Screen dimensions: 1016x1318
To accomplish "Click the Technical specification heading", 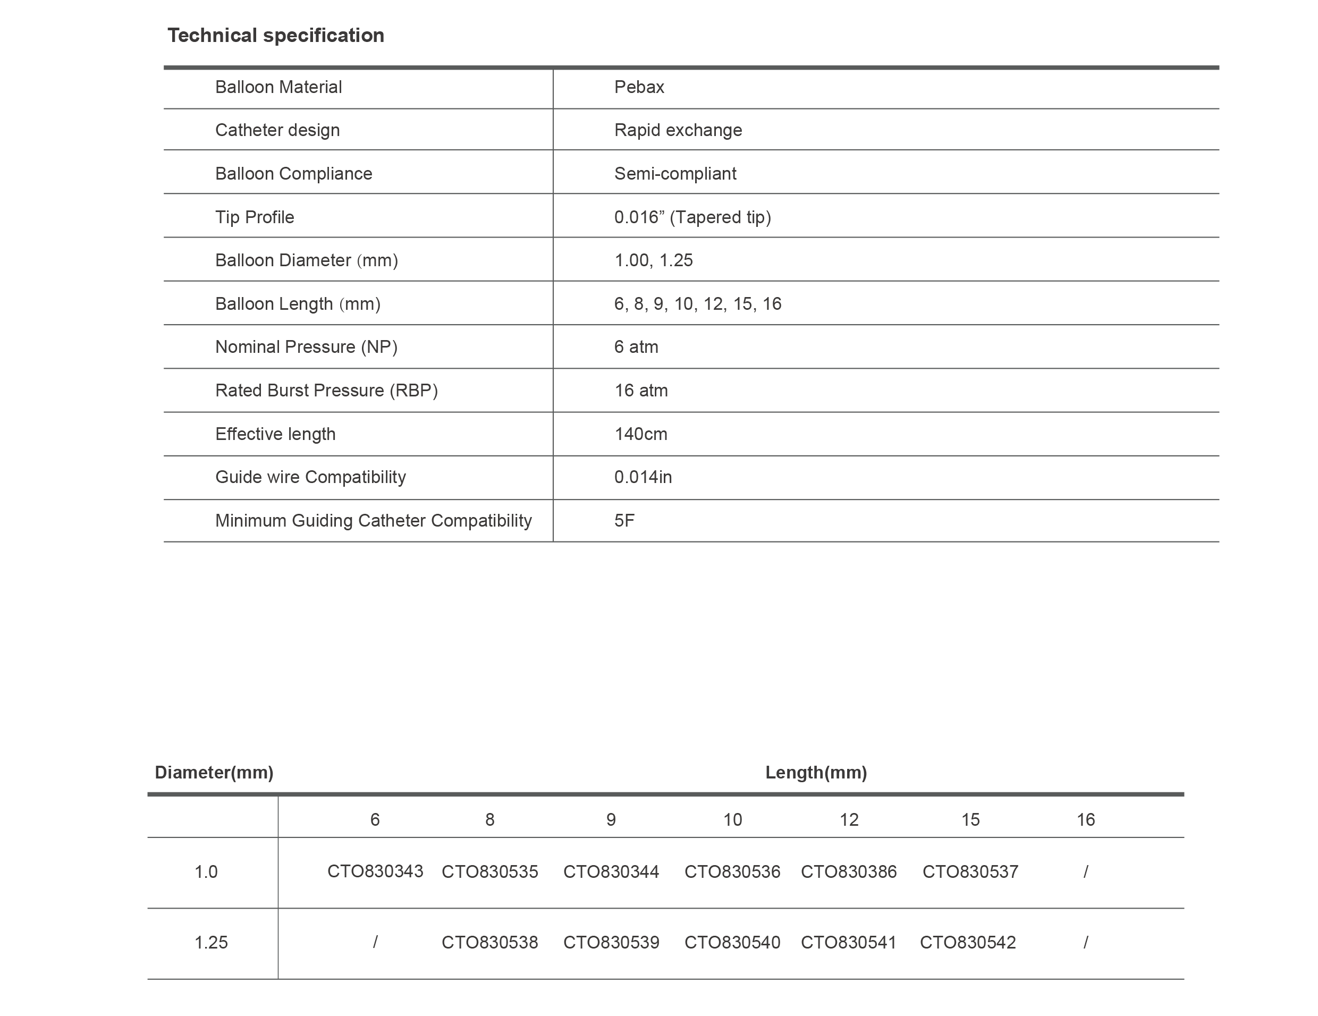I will pos(276,36).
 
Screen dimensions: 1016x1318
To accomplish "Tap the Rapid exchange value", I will pos(678,130).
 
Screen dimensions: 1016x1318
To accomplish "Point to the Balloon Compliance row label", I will pos(293,174).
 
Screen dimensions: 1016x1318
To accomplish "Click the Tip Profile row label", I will pos(255,217).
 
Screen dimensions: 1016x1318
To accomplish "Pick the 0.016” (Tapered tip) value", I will pos(692,217).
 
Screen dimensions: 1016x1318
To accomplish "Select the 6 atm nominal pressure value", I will pos(636,347).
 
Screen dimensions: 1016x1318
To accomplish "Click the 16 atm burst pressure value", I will pos(641,391).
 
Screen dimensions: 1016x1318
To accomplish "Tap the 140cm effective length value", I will pos(640,434).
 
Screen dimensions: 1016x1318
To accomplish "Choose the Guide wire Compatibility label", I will pos(310,477).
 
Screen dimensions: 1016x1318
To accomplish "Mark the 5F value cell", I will pos(624,521).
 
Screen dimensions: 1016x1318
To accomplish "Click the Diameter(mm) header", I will pos(214,772).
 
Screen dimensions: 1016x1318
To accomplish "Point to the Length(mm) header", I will pos(816,772).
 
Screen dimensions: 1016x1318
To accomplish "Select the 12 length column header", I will pos(849,820).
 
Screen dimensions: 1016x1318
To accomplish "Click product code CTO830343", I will pos(375,872).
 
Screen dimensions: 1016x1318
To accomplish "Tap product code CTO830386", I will pos(849,872).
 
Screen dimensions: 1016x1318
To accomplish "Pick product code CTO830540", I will pos(732,942).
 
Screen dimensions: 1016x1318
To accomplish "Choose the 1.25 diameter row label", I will pos(211,942).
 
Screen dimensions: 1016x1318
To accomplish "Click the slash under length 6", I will pos(375,942).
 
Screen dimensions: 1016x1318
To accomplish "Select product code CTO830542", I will pos(967,942).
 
